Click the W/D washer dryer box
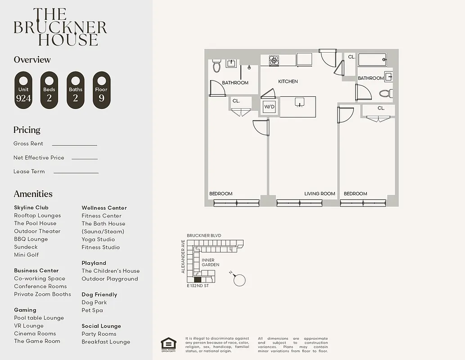point(269,107)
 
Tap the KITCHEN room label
point(288,81)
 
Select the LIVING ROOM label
point(320,193)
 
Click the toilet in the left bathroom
point(217,66)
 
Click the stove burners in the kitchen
point(274,60)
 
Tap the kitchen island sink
point(298,103)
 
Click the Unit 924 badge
point(23,90)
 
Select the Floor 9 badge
point(101,90)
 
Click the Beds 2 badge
point(49,90)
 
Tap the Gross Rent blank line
point(74,145)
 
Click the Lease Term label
point(29,171)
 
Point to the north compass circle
point(240,280)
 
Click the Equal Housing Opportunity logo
point(168,344)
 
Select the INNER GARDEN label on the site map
point(208,262)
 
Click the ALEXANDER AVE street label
point(183,256)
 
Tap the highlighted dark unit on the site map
point(197,279)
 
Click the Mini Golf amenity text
point(27,255)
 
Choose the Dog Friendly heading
point(99,294)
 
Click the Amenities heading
point(33,194)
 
